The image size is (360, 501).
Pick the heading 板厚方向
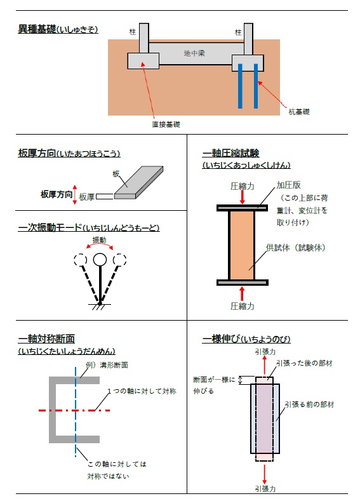[37, 153]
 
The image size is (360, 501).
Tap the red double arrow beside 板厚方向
[76, 194]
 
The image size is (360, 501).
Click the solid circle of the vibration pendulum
[99, 259]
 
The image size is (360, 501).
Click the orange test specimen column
[242, 244]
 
